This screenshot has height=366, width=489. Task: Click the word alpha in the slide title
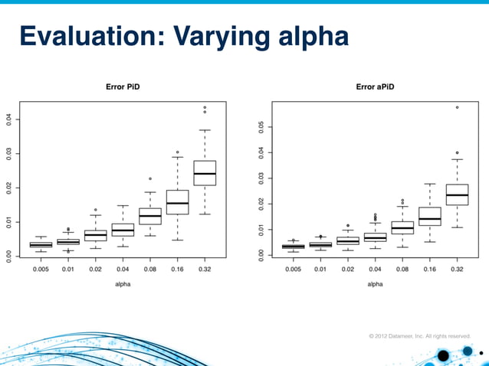click(310, 36)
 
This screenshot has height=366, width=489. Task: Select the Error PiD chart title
click(123, 87)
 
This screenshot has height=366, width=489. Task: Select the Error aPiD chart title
click(375, 87)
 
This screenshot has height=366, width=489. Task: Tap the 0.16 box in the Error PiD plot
click(177, 202)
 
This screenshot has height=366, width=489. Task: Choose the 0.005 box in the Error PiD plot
click(41, 244)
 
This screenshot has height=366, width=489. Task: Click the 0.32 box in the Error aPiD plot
click(457, 194)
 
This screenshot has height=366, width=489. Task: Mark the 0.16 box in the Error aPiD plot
click(430, 216)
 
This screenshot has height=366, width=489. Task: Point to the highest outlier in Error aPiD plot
click(458, 107)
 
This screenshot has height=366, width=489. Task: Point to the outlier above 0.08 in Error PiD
click(150, 178)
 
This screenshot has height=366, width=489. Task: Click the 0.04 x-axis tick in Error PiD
click(123, 270)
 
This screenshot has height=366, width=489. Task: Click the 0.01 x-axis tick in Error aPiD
click(320, 270)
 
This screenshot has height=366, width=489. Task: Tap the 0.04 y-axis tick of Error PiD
click(9, 119)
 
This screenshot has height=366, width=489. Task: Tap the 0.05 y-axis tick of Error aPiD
click(261, 127)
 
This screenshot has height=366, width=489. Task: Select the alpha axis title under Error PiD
click(123, 283)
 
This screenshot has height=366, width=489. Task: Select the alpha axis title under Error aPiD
click(375, 283)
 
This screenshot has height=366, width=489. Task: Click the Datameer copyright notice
click(419, 335)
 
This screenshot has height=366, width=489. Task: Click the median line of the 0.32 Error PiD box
click(205, 174)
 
